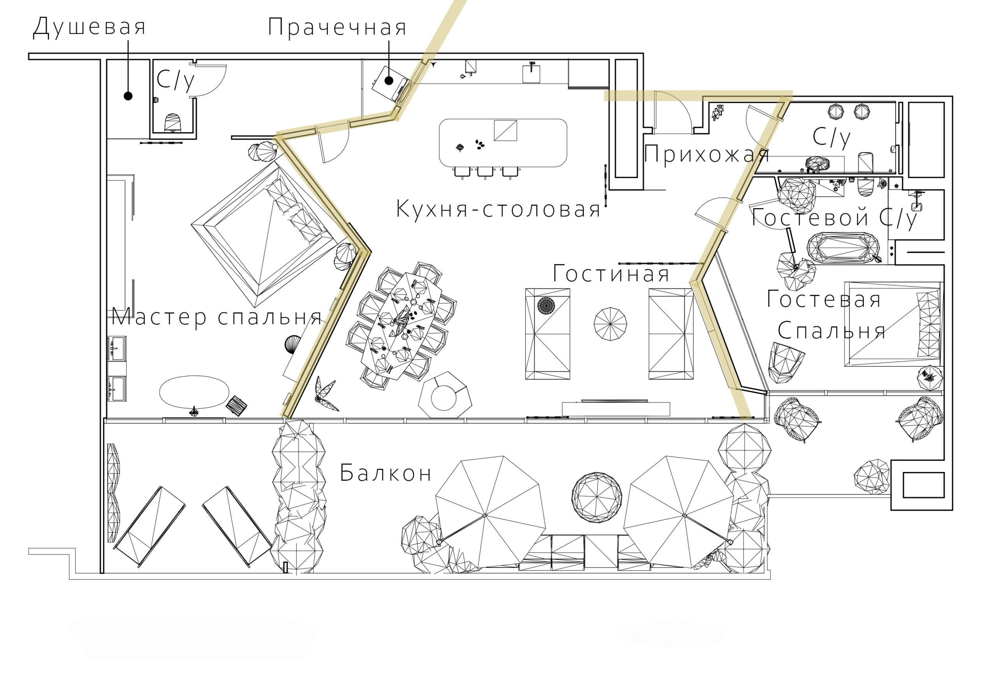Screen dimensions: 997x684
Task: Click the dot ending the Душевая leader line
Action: (128, 96)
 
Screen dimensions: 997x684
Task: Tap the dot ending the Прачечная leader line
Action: (389, 80)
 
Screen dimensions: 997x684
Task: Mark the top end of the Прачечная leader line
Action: (389, 41)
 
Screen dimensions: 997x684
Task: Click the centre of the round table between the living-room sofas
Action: (610, 324)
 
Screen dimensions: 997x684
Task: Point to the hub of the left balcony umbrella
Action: (485, 515)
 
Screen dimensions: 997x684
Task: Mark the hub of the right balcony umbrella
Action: (684, 515)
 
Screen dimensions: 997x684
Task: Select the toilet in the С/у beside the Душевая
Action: (173, 122)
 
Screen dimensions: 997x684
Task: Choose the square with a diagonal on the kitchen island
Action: (506, 131)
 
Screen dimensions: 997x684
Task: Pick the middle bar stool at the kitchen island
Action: (486, 172)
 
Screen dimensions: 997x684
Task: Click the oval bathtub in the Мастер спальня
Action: (194, 392)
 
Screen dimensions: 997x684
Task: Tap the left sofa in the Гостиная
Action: (548, 334)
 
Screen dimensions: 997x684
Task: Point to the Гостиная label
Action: (611, 274)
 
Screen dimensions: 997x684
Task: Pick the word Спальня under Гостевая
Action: (831, 331)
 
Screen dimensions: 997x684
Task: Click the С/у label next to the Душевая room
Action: (175, 80)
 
